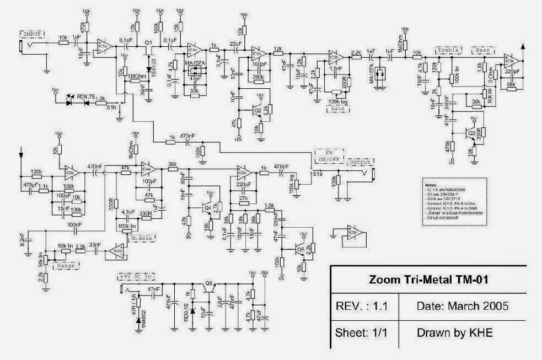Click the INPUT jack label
[x=35, y=33]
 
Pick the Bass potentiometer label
[x=482, y=50]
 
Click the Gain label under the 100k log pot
[x=339, y=109]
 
